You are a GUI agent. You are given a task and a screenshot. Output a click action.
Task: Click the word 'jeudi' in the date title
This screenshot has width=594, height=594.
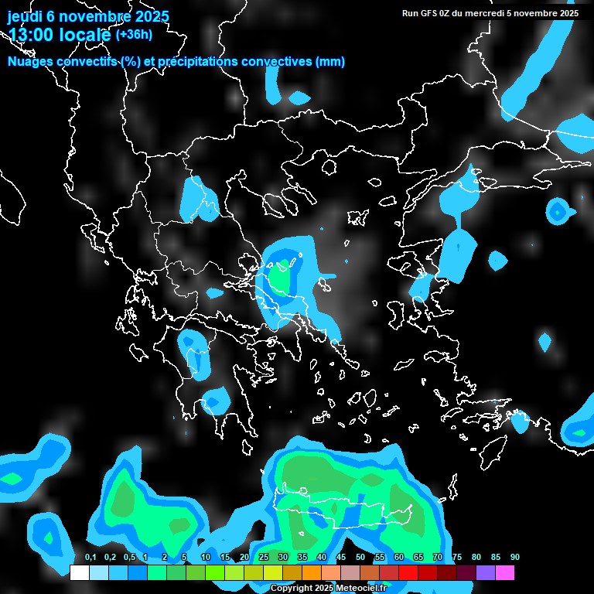click(24, 15)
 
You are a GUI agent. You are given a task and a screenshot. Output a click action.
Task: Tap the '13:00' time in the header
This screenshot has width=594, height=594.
click(29, 35)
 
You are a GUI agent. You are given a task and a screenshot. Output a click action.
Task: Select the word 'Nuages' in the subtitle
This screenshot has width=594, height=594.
click(32, 62)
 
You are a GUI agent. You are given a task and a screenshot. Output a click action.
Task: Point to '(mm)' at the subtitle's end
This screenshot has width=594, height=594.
click(330, 62)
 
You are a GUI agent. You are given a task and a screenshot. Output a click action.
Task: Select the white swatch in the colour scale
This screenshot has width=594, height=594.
click(80, 573)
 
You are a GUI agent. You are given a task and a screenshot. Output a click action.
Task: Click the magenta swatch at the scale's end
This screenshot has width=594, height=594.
click(505, 573)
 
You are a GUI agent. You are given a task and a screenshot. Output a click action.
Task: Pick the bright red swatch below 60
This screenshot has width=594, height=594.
click(408, 573)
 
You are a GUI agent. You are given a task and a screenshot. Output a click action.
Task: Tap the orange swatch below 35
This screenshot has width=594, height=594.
click(312, 573)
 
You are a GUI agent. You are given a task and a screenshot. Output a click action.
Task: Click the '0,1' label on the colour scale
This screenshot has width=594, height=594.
click(90, 558)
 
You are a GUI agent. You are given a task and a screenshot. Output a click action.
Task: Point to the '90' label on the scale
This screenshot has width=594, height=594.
click(515, 558)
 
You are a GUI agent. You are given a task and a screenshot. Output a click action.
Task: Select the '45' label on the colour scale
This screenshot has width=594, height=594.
click(341, 558)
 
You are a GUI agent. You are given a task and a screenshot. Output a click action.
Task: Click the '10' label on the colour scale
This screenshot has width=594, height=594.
click(206, 558)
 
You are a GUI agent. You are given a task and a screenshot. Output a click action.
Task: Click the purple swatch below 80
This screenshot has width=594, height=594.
click(486, 573)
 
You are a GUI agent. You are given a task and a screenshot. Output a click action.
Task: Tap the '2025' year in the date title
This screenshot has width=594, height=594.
click(145, 15)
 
